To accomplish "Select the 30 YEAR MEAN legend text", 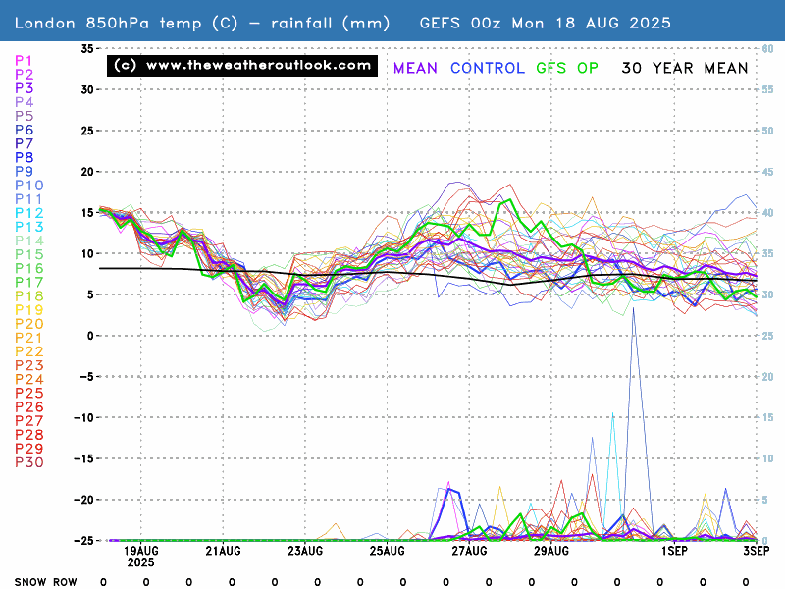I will click(x=685, y=68).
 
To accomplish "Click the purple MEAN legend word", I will click(x=415, y=68).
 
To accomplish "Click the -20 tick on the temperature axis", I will click(x=85, y=499).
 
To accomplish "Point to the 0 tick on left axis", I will click(x=91, y=336).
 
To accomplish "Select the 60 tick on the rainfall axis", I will click(x=770, y=48).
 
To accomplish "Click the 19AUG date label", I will click(x=143, y=552).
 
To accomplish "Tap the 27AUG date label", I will click(x=469, y=552).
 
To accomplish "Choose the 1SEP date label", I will click(x=674, y=552).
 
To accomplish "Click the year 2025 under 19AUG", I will click(x=139, y=563).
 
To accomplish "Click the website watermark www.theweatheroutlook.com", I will click(x=241, y=66).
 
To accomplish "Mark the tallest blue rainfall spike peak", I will click(x=634, y=308).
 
